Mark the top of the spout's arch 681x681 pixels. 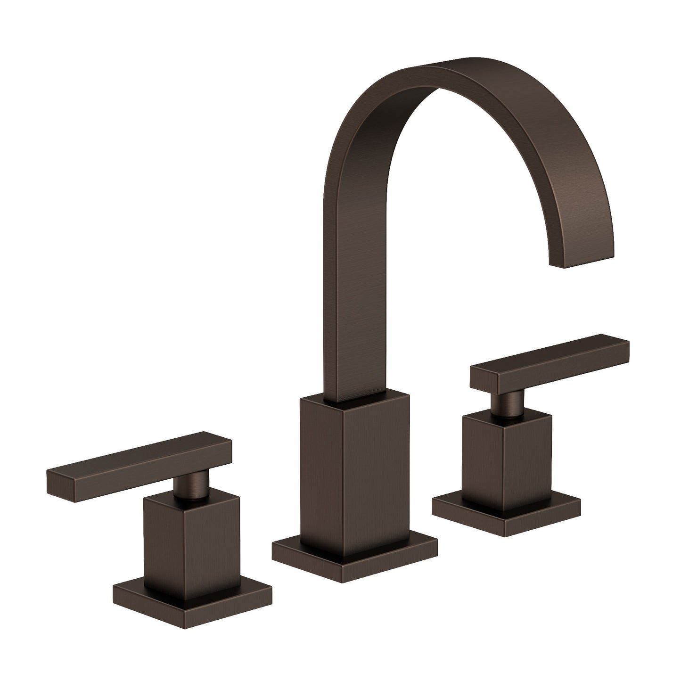452,71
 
